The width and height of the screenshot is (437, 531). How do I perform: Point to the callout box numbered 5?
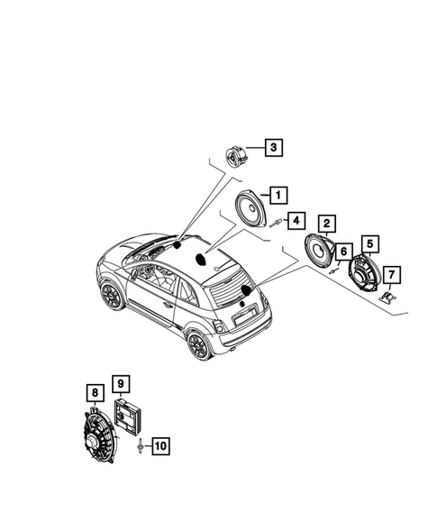point(369,243)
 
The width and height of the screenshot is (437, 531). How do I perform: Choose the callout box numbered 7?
point(391,274)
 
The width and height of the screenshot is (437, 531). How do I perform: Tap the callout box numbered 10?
point(159,444)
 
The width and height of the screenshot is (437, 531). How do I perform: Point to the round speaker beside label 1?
point(246,213)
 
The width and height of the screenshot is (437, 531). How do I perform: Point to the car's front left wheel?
point(113,295)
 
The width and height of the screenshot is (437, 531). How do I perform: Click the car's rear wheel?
point(196,345)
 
